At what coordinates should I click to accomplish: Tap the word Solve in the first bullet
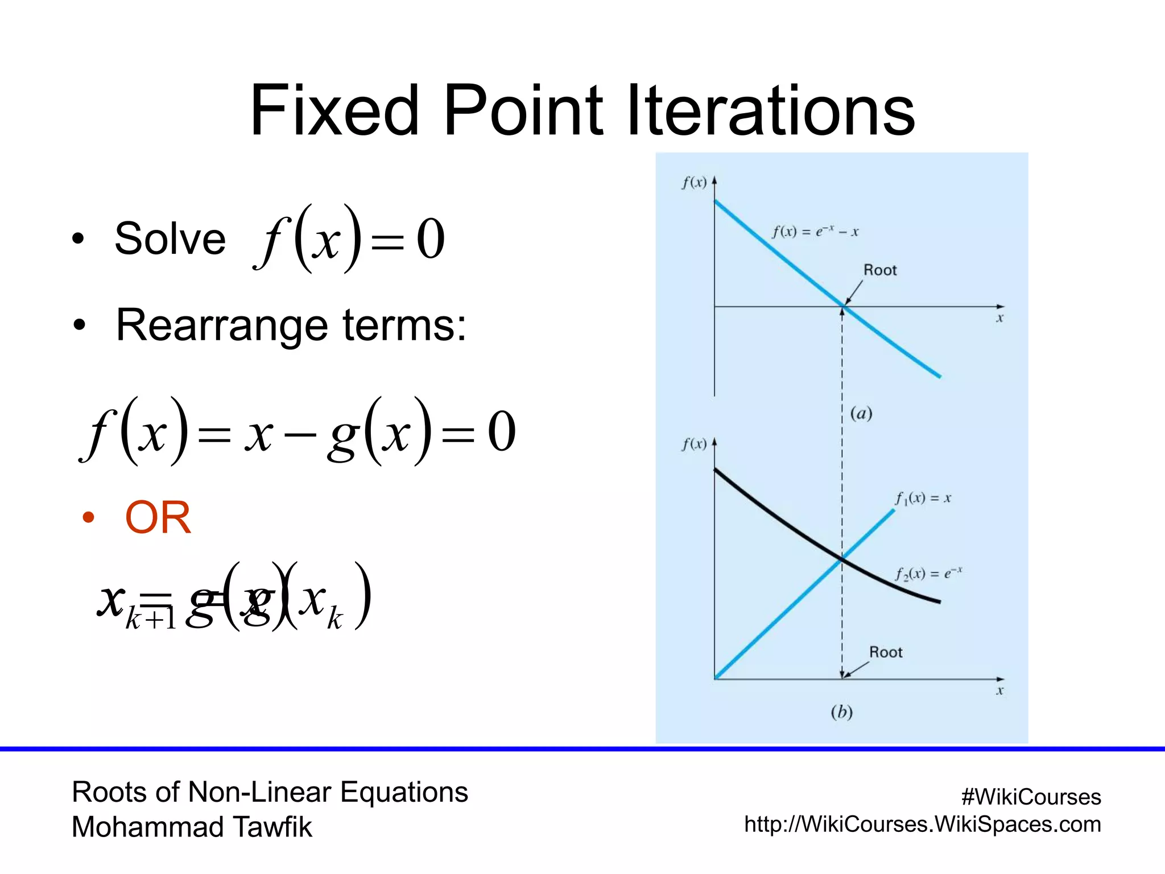(170, 238)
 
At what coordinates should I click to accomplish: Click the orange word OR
(158, 518)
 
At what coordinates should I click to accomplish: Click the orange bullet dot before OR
(88, 517)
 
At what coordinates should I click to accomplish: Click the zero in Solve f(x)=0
(430, 240)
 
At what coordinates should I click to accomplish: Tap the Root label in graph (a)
(879, 270)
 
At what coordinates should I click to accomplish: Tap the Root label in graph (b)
(885, 652)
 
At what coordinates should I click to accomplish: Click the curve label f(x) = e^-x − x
(815, 231)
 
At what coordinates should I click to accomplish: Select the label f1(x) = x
(922, 498)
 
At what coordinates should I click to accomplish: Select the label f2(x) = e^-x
(928, 574)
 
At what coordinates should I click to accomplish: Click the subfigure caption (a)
(861, 413)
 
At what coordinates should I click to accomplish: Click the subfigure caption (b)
(841, 712)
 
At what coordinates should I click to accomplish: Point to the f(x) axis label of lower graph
(694, 444)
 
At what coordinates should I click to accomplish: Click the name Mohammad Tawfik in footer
(192, 827)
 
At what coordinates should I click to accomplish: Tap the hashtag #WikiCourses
(1031, 797)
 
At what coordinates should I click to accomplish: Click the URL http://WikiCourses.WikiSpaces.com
(922, 824)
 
